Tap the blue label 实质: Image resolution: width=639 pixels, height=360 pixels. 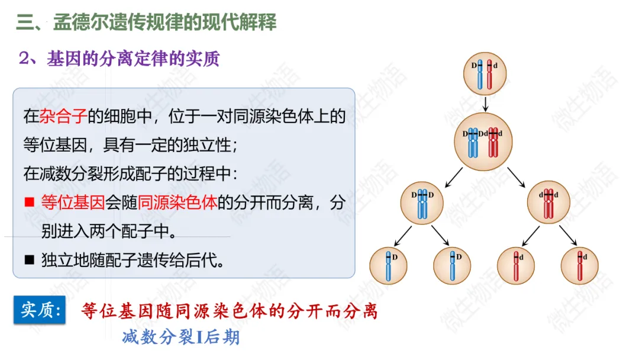coord(40,310)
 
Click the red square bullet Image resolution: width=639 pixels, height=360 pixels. coord(30,202)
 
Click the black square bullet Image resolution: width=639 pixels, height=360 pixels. coord(30,260)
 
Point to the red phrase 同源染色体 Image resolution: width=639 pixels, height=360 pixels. coord(177,202)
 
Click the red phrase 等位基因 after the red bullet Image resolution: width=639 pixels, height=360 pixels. coord(73,202)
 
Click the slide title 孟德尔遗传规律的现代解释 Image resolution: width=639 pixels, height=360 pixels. coord(164,22)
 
